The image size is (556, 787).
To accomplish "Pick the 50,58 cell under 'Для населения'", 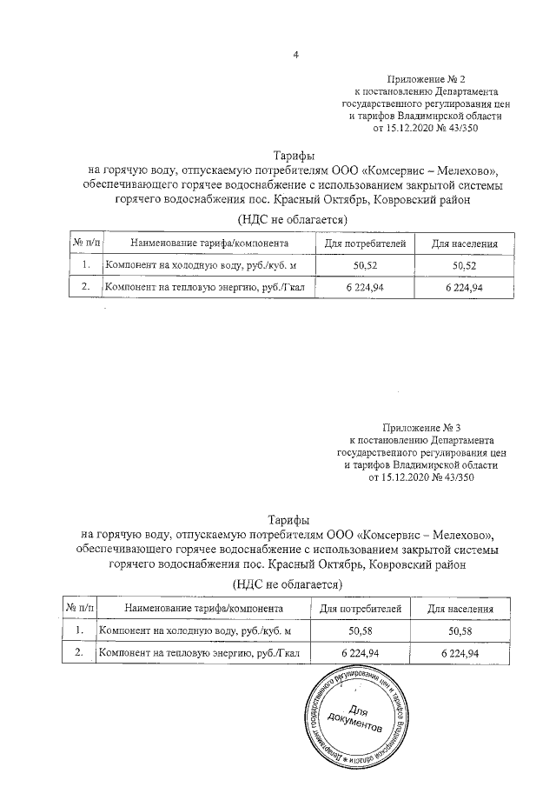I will coord(461,630).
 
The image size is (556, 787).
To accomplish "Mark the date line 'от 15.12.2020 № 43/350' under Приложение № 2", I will coord(426,128).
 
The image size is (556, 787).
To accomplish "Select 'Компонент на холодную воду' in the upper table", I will coord(201,264).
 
